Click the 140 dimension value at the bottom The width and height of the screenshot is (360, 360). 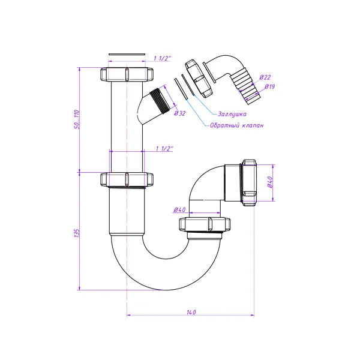pos(191,312)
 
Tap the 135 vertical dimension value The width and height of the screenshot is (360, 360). pos(77,233)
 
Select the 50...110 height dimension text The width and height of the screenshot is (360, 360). pos(77,119)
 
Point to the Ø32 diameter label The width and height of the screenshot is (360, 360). pos(180,113)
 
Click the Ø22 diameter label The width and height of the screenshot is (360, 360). pos(265,77)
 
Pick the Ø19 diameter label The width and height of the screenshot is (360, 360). pos(270,86)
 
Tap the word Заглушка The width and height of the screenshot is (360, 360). pos(232,114)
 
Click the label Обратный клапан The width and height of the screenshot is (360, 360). pos(237,125)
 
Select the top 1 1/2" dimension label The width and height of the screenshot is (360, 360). pos(162,58)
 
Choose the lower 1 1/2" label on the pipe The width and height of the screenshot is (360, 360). pos(164,149)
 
